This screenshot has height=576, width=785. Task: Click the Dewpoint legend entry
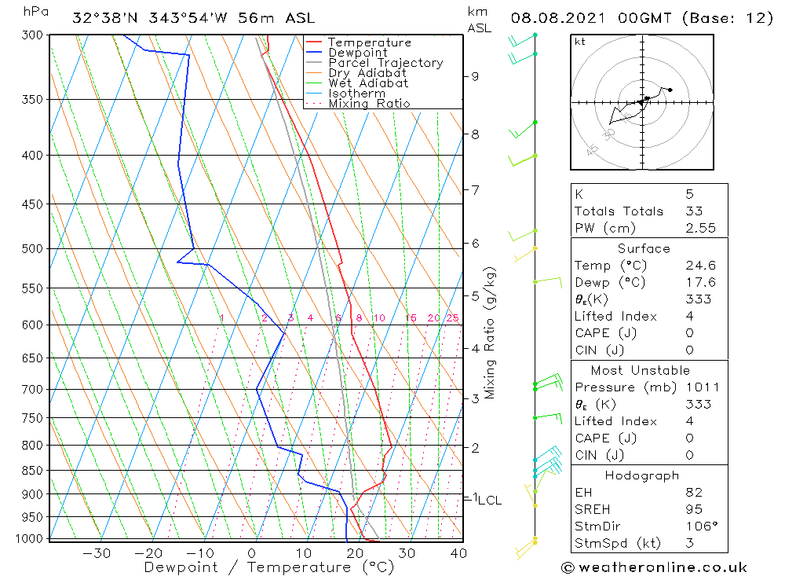click(357, 53)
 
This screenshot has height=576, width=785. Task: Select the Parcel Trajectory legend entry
click(385, 63)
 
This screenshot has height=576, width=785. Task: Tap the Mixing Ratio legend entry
click(369, 104)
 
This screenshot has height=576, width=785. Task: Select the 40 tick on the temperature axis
click(458, 553)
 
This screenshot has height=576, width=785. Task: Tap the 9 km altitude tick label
click(475, 76)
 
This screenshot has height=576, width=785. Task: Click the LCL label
click(490, 500)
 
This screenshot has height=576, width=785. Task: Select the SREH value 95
click(692, 510)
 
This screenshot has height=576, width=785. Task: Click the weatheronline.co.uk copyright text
click(654, 567)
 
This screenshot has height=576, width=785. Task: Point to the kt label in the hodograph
click(579, 42)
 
